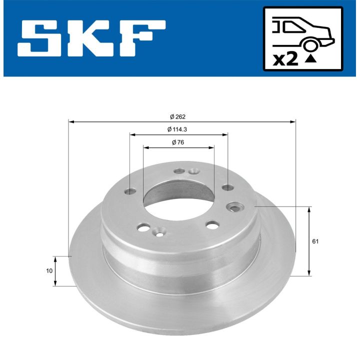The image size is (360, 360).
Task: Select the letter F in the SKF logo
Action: (143, 38)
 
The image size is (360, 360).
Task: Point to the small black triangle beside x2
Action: (311, 59)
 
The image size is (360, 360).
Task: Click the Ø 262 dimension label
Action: (178, 116)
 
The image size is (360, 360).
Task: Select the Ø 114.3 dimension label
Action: (178, 129)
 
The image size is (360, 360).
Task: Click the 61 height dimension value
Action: (315, 241)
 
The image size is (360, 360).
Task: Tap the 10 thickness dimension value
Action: (48, 270)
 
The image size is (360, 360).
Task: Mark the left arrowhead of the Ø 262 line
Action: (70, 121)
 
